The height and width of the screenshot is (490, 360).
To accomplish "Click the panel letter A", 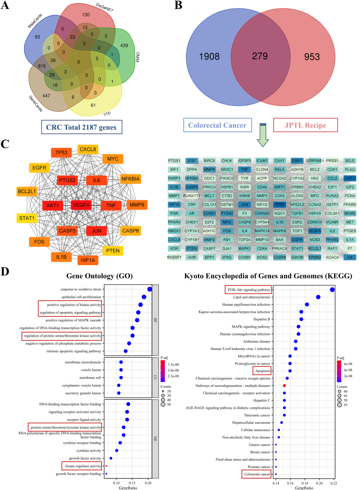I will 6,6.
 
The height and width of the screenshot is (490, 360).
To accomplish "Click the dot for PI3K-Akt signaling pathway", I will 332,289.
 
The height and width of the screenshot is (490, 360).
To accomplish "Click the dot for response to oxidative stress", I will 150,289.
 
